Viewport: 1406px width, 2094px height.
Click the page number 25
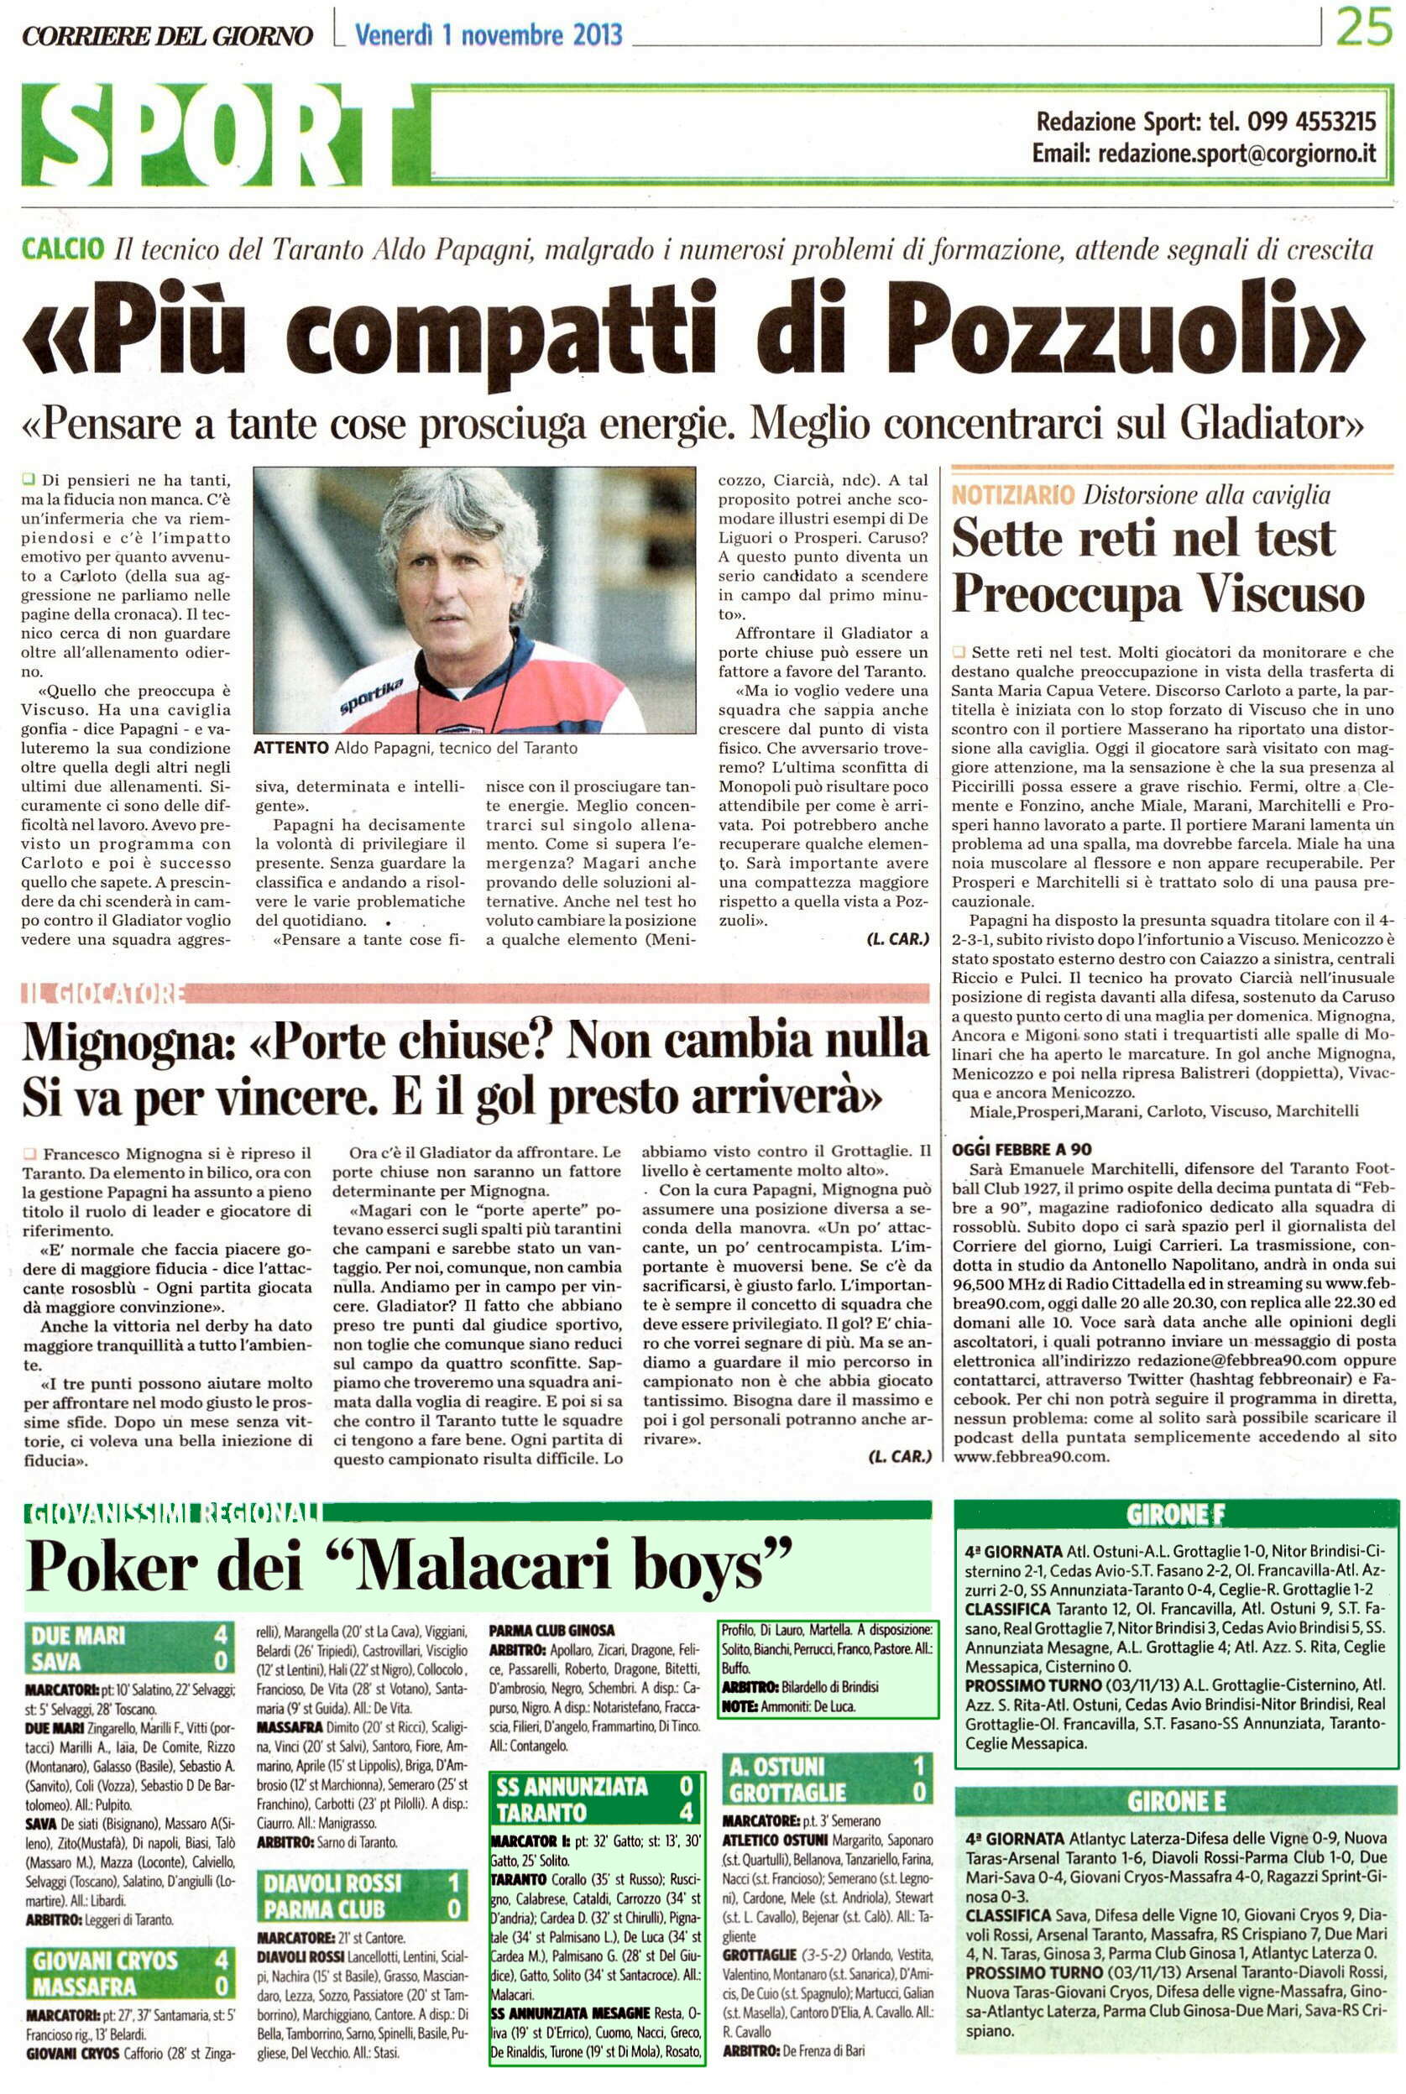coord(1363,29)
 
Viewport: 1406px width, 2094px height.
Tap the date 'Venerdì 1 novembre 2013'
coord(488,35)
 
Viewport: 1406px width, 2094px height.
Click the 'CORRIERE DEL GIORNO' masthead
coord(168,36)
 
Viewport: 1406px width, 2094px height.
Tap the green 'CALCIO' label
coord(63,250)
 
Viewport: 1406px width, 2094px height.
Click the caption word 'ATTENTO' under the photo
coord(290,748)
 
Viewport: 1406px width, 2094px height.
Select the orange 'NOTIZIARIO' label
coord(1012,495)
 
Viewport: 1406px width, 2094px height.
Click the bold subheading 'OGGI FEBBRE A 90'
coord(1022,1149)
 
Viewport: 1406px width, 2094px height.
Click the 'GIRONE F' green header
coord(1175,1515)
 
